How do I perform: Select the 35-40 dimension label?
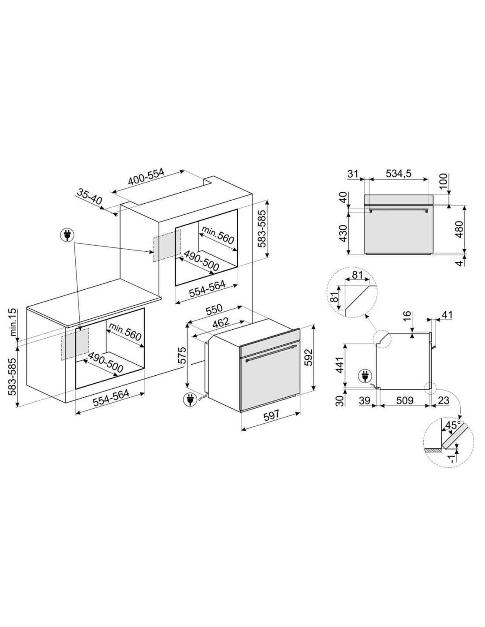[90, 197]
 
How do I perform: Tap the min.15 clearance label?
[13, 322]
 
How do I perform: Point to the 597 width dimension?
[271, 414]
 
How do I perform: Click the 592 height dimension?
[309, 358]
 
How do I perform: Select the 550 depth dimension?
[214, 309]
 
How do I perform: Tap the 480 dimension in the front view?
[459, 229]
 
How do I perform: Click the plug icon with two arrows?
[67, 235]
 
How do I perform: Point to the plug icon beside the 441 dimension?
[364, 377]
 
